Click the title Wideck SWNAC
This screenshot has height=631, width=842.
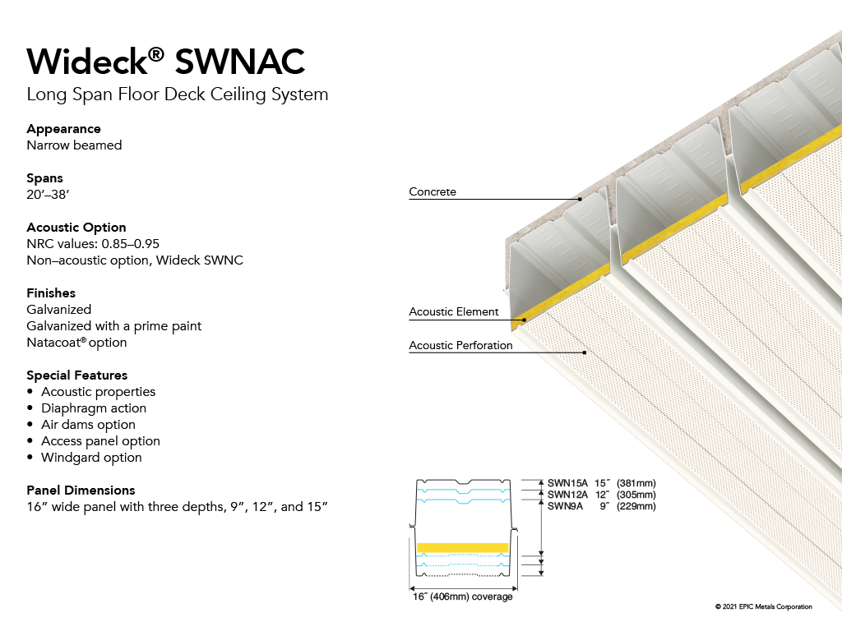[166, 61]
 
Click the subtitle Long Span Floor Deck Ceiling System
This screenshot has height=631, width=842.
[178, 94]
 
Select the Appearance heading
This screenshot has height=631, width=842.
[64, 129]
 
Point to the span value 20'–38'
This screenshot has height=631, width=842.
[48, 194]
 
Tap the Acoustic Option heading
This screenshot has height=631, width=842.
[76, 228]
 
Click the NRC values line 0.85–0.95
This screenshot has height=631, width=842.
[93, 243]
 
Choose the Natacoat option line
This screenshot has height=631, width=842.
[76, 343]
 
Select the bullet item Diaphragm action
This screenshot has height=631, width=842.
[94, 408]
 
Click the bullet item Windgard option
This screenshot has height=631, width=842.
[91, 458]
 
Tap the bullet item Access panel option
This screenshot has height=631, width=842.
[100, 441]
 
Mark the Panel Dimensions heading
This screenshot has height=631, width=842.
[81, 491]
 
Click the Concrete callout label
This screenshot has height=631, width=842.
[433, 191]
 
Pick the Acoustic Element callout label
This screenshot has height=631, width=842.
[454, 311]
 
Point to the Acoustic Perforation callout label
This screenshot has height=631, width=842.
[460, 346]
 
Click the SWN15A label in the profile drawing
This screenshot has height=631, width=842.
[567, 483]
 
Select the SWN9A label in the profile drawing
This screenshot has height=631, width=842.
[565, 506]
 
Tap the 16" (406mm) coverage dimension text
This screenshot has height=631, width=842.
[462, 596]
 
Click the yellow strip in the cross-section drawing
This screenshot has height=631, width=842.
[463, 548]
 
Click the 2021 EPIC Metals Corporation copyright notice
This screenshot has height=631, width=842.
[764, 607]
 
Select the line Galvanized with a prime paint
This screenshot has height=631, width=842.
[113, 326]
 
